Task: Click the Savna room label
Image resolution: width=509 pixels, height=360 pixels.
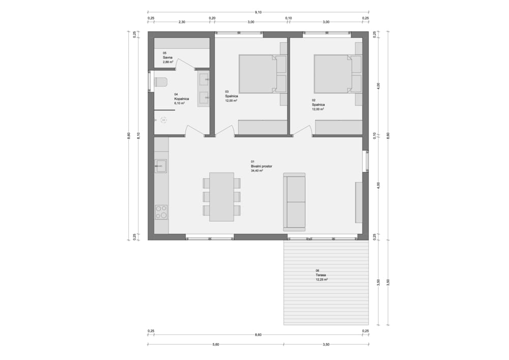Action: [x=167, y=58]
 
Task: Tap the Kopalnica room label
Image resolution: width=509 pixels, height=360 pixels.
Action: [x=182, y=99]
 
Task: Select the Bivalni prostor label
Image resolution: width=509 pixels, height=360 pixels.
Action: [x=261, y=166]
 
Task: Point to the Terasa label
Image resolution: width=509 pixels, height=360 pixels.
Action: [x=321, y=275]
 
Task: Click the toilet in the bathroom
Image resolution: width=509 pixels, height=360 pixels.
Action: [x=160, y=82]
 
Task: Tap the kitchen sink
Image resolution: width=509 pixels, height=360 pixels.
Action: [x=160, y=166]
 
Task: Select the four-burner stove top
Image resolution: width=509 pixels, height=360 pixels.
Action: [x=161, y=212]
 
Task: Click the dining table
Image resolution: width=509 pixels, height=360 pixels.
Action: [x=222, y=197]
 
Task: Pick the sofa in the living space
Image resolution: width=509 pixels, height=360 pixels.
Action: [x=294, y=202]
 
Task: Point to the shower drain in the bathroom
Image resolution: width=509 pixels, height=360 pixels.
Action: [x=164, y=121]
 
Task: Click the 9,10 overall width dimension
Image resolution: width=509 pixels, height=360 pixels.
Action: [x=258, y=12]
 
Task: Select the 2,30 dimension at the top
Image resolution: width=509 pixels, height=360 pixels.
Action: [x=182, y=22]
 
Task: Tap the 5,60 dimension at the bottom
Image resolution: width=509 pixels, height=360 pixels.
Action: [x=215, y=344]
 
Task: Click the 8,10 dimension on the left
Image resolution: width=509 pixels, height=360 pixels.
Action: [x=138, y=136]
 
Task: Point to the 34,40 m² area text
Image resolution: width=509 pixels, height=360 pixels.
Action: [x=257, y=171]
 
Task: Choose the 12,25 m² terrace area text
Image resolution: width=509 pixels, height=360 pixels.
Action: [x=321, y=279]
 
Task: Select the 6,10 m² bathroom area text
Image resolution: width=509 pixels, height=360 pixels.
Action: [x=180, y=103]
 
